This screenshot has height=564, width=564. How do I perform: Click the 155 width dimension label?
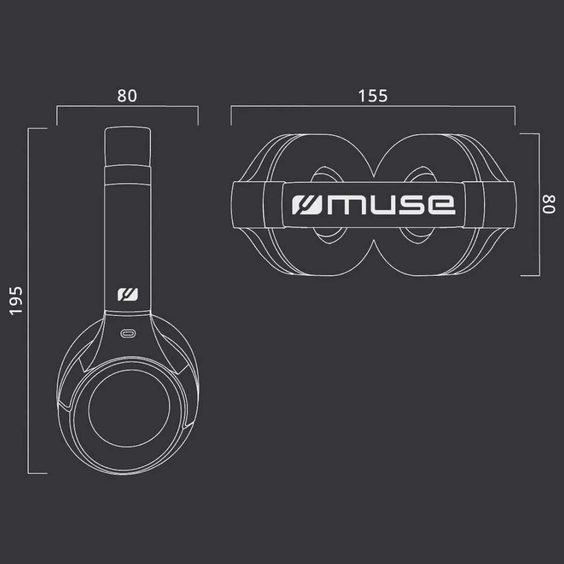pos(373,96)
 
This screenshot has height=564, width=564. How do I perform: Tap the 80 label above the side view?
pos(127,96)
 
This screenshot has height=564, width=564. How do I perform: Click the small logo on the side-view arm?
pos(128,294)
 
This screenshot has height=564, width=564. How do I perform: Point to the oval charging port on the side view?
pos(128,334)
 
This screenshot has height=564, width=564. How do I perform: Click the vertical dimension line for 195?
pos(29,301)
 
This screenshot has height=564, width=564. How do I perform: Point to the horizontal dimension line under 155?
pos(373,107)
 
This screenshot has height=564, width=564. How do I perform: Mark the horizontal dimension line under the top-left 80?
pos(127,107)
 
